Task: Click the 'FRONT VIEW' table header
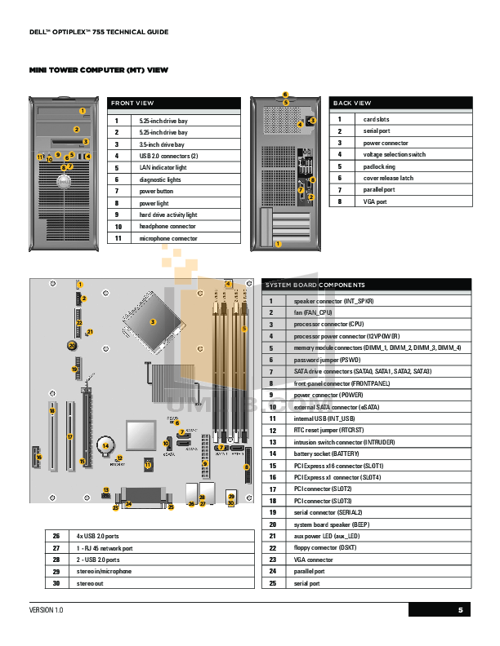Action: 133,104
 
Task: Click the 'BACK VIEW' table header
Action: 352,104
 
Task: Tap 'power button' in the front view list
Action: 157,191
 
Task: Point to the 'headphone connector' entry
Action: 167,226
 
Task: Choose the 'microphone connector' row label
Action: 168,238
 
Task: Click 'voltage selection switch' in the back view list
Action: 394,154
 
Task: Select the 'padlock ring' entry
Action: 379,166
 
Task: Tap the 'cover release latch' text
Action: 388,178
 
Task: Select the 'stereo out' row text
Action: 91,584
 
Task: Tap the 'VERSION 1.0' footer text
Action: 47,610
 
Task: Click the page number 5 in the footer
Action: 460,610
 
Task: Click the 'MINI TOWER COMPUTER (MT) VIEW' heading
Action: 99,70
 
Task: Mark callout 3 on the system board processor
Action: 153,322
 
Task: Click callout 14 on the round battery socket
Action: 105,446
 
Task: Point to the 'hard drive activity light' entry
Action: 168,215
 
